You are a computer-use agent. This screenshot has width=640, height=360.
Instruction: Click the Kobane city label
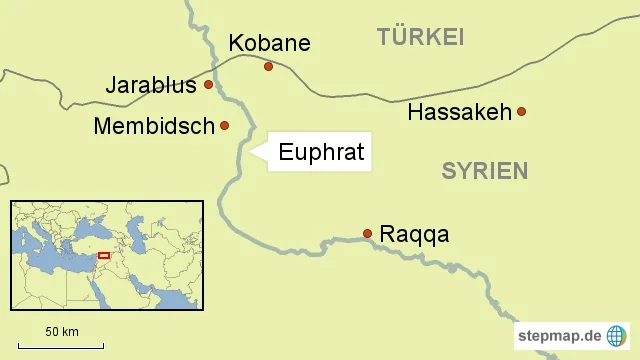point(269,43)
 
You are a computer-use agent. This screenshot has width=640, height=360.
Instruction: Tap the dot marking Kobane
point(268,67)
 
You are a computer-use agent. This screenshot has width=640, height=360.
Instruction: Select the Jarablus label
point(151,85)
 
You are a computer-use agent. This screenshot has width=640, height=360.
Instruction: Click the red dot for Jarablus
point(208,85)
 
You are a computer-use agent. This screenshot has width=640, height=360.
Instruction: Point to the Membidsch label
point(154,126)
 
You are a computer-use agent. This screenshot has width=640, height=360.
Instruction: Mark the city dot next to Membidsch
point(225,126)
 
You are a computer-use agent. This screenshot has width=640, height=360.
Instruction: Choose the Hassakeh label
point(460,112)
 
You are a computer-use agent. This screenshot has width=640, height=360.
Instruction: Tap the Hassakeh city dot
point(521,112)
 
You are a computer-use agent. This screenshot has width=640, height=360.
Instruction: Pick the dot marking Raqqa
point(368,234)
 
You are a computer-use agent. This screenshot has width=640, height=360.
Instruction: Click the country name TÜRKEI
point(421,38)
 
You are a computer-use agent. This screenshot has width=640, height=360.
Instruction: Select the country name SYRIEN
point(484,171)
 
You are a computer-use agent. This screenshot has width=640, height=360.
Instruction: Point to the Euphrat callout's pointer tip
point(249,152)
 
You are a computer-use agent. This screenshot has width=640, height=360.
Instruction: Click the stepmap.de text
point(559,335)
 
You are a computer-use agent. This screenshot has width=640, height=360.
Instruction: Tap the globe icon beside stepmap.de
point(617,335)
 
